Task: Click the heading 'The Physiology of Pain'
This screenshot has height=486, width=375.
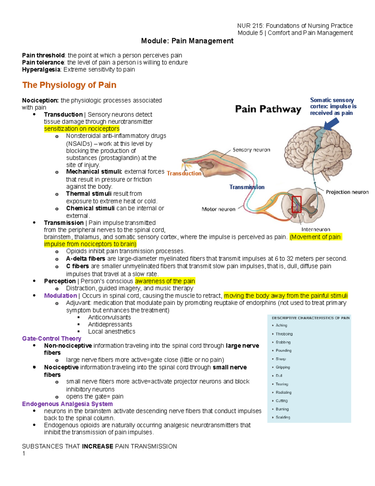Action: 69,85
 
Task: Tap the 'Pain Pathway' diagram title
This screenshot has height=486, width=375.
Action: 268,109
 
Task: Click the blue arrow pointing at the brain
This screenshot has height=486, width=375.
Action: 331,125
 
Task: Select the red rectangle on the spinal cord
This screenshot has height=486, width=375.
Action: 296,204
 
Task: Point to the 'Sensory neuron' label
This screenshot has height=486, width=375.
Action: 251,150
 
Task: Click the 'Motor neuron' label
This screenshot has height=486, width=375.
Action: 218,209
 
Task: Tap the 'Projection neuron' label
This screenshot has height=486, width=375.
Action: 347,192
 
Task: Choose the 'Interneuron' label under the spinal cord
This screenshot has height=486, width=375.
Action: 316,229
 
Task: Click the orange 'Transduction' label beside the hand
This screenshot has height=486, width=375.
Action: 184,173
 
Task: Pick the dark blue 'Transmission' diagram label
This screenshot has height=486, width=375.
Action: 247,187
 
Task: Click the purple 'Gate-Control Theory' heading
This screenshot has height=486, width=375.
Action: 52,339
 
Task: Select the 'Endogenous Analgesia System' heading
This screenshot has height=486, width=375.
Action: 67,404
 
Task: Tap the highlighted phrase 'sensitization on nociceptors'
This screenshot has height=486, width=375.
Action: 82,129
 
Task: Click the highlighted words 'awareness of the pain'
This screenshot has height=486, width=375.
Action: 165,281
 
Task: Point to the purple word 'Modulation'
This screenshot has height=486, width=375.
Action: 60,296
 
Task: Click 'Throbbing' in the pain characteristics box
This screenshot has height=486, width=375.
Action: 284,334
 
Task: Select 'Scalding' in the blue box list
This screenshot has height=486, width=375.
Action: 283,417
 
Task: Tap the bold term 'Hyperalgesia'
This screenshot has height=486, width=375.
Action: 41,69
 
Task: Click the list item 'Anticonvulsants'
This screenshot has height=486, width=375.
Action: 109,317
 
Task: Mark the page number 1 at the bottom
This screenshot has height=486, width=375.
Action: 24,453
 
